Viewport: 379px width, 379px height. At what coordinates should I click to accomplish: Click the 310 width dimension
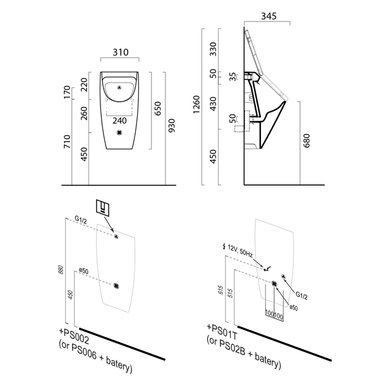pyautogui.click(x=121, y=52)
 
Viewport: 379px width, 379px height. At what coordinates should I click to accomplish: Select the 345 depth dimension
pyautogui.click(x=268, y=16)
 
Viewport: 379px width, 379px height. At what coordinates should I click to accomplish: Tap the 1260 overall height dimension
pyautogui.click(x=196, y=104)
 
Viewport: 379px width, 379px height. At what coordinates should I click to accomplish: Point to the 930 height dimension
pyautogui.click(x=171, y=126)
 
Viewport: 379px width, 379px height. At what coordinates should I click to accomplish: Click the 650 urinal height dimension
pyautogui.click(x=157, y=109)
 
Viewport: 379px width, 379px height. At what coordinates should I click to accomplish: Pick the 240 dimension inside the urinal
pyautogui.click(x=119, y=121)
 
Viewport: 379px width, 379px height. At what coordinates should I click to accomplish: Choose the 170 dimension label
pyautogui.click(x=67, y=92)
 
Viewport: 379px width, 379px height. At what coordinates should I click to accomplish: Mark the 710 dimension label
pyautogui.click(x=67, y=141)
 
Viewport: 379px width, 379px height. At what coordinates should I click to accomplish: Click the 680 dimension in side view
pyautogui.click(x=306, y=140)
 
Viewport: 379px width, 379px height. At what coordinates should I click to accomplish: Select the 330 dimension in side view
pyautogui.click(x=213, y=49)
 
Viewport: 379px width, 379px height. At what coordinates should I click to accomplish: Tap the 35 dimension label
pyautogui.click(x=232, y=77)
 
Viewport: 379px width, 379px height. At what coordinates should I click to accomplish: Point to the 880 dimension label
pyautogui.click(x=61, y=270)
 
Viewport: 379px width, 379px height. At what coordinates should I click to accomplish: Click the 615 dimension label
pyautogui.click(x=220, y=289)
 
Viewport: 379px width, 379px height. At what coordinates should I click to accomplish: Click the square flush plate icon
pyautogui.click(x=103, y=208)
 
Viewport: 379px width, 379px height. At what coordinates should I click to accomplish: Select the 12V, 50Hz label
pyautogui.click(x=240, y=251)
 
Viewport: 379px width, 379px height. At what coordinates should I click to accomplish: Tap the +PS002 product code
pyautogui.click(x=74, y=336)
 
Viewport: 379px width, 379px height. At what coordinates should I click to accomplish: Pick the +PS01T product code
pyautogui.click(x=222, y=332)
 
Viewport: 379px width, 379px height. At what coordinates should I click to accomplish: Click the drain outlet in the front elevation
pyautogui.click(x=119, y=133)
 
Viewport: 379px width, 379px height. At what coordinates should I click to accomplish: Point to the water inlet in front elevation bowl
pyautogui.click(x=119, y=88)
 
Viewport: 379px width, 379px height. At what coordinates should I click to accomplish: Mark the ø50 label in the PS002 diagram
pyautogui.click(x=83, y=271)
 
